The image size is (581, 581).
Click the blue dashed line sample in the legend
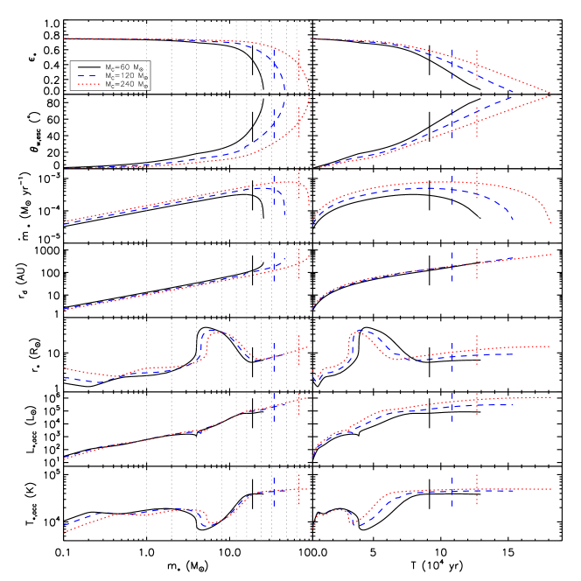click(x=87, y=76)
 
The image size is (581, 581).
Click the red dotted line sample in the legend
click(x=88, y=85)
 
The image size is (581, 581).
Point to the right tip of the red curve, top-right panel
click(x=551, y=94)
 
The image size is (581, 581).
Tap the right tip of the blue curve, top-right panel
click(x=514, y=92)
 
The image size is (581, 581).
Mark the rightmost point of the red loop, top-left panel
click(x=310, y=93)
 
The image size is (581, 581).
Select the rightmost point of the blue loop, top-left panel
click(x=285, y=93)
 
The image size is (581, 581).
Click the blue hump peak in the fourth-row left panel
click(x=212, y=331)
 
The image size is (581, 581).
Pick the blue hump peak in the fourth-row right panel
click(x=360, y=331)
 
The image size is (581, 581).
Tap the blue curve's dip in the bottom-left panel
click(x=207, y=525)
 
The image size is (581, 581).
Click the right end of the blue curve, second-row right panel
click(x=514, y=220)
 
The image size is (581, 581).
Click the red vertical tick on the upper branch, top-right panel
click(x=477, y=64)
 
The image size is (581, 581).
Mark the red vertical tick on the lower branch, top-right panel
click(x=477, y=122)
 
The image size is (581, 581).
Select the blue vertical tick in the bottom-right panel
click(x=452, y=491)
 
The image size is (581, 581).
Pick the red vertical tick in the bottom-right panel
click(x=477, y=489)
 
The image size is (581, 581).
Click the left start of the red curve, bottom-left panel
click(x=65, y=532)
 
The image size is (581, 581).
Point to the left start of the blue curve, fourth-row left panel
click(x=65, y=377)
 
